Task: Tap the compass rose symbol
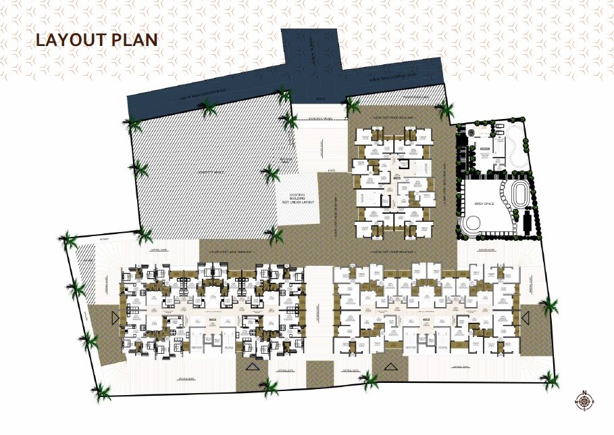(584, 400)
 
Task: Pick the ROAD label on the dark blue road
(320, 99)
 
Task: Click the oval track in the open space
(521, 195)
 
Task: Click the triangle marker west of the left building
(116, 318)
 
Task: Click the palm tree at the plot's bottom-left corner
(102, 390)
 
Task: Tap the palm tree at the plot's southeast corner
(552, 380)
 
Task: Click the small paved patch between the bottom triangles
(320, 373)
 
